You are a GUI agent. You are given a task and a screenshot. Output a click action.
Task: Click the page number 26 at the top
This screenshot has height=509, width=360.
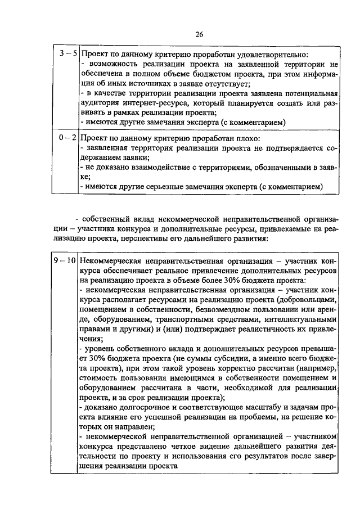pos(199,34)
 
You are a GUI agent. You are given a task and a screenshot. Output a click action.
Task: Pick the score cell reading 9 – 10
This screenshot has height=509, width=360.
pos(64,261)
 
